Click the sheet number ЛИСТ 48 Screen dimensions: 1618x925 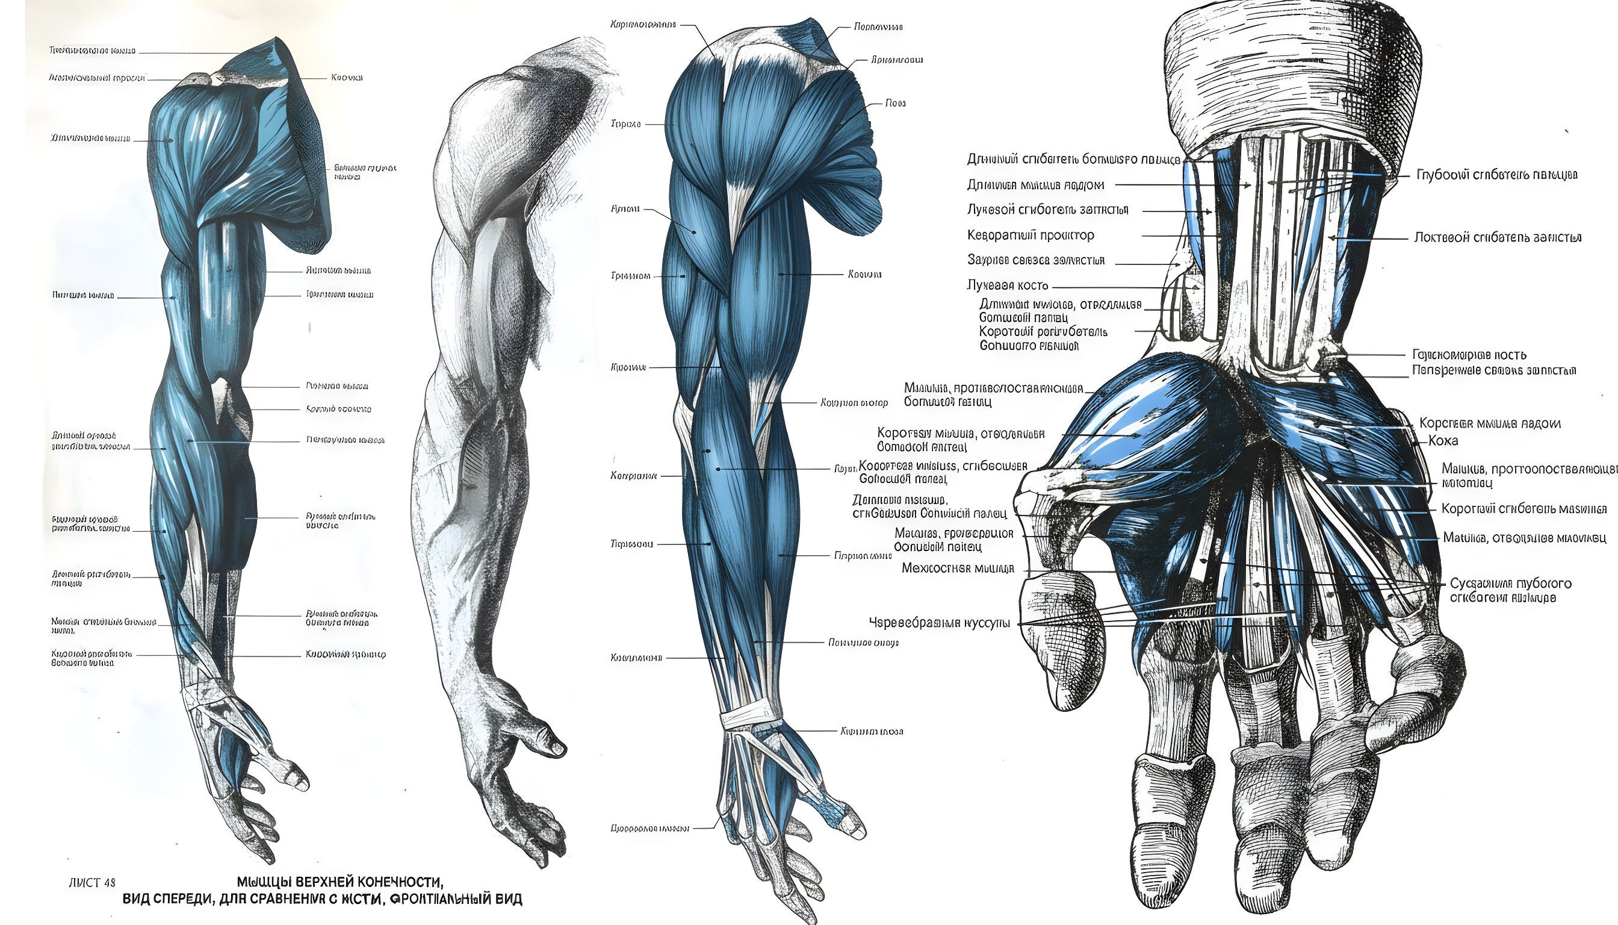pos(92,883)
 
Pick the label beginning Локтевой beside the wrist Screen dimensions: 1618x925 pos(1498,238)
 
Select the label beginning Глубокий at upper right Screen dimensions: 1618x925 pos(1497,175)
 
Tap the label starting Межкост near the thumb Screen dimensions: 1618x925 pos(958,568)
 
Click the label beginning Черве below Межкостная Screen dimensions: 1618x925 pos(939,623)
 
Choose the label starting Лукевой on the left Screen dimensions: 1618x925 pos(1047,210)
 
